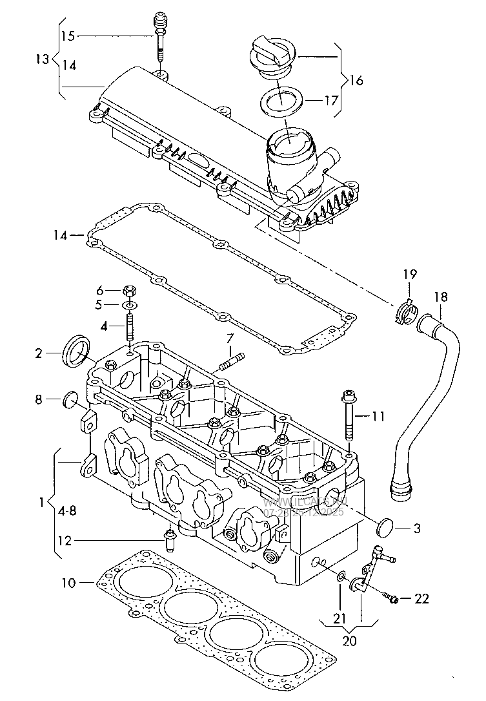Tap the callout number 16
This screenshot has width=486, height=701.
pyautogui.click(x=356, y=81)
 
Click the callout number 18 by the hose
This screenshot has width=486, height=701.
pyautogui.click(x=440, y=297)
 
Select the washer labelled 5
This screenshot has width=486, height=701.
pyautogui.click(x=130, y=304)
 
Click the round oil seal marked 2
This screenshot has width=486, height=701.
pyautogui.click(x=77, y=350)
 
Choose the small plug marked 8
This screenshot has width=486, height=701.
pyautogui.click(x=71, y=400)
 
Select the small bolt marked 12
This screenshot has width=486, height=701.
pyautogui.click(x=170, y=540)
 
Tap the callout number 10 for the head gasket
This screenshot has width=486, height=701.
pyautogui.click(x=68, y=583)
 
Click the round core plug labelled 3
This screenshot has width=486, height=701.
pyautogui.click(x=386, y=528)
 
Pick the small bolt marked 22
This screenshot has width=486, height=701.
pyautogui.click(x=392, y=598)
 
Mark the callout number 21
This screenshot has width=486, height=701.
pyautogui.click(x=339, y=619)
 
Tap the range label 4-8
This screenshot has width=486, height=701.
pyautogui.click(x=66, y=510)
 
